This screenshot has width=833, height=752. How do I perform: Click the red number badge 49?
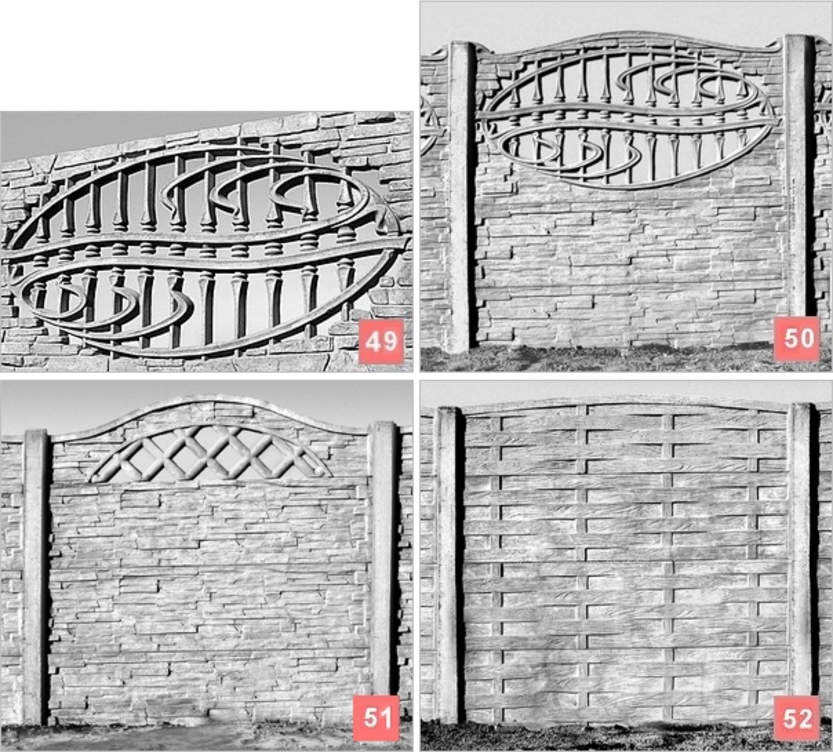click(381, 341)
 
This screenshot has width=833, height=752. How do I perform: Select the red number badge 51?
click(376, 718)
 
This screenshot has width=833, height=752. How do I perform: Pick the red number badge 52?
click(797, 718)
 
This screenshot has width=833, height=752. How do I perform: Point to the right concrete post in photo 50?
click(799, 179)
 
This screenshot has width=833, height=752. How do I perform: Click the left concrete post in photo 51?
click(36, 577)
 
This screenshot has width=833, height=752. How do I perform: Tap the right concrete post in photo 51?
click(384, 558)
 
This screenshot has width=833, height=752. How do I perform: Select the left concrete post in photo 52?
click(447, 565)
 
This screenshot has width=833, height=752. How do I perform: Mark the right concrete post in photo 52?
click(802, 549)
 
